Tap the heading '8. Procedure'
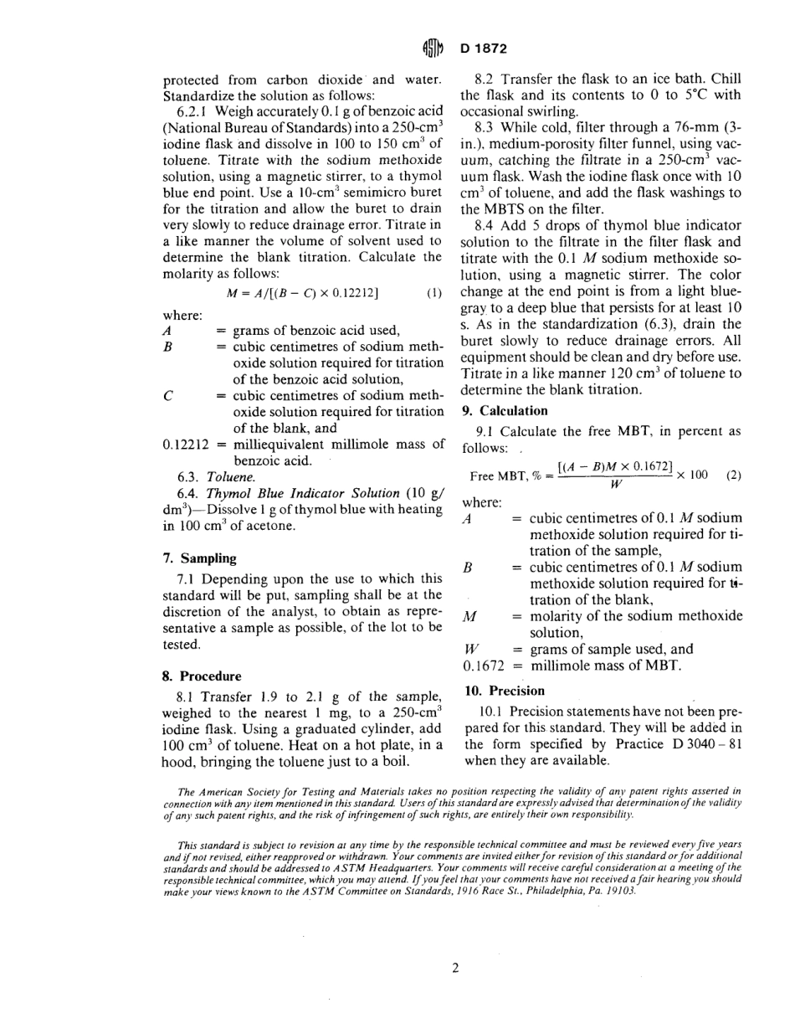point(201,676)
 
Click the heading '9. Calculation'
point(505,410)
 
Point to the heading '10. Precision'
point(504,691)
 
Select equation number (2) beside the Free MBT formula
point(734,475)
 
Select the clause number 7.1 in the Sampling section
point(186,578)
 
